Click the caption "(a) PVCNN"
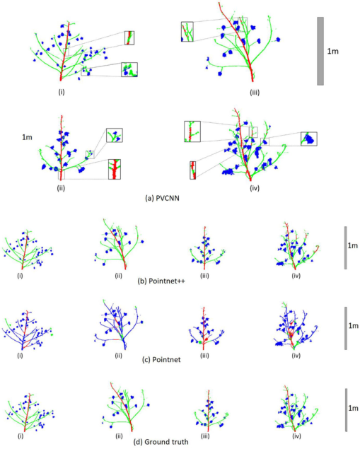pos(162,198)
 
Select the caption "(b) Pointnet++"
pos(161,281)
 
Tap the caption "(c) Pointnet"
pos(161,359)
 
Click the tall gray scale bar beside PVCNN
pos(320,51)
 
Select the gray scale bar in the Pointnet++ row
pos(346,248)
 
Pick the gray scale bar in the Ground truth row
pos(346,410)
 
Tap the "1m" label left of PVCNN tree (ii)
pos(27,137)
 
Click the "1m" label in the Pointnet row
pos(353,325)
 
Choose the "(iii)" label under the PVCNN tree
pos(255,93)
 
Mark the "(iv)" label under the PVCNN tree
pos(255,188)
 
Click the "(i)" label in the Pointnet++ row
pos(20,276)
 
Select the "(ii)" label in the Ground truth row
pos(119,436)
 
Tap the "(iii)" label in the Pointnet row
pos(204,356)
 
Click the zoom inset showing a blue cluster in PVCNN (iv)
pos(309,139)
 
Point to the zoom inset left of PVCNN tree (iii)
pos(187,32)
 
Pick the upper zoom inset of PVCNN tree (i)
pos(129,37)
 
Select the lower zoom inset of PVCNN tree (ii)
pos(115,169)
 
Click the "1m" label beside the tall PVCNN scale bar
pos(333,51)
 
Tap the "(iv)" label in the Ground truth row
pos(296,436)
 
